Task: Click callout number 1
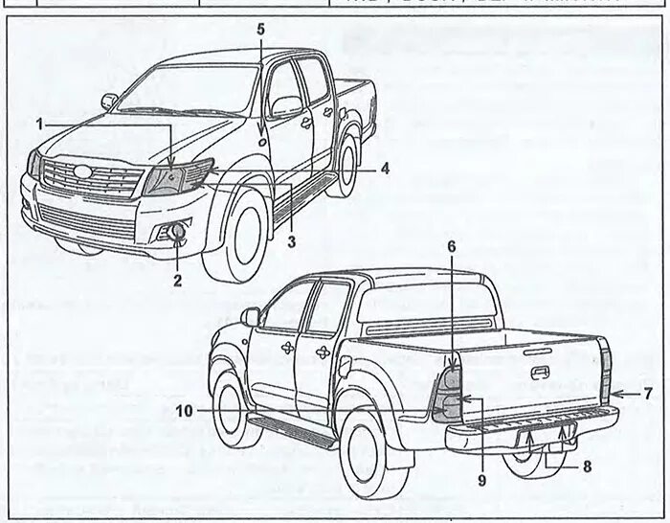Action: (x=40, y=124)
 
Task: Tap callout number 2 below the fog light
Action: (x=177, y=280)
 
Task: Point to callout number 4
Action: (x=383, y=168)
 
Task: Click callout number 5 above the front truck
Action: (x=260, y=29)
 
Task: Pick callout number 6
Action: (x=452, y=246)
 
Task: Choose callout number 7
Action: (x=647, y=393)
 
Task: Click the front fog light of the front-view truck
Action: (x=177, y=231)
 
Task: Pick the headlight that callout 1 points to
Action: (x=169, y=177)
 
